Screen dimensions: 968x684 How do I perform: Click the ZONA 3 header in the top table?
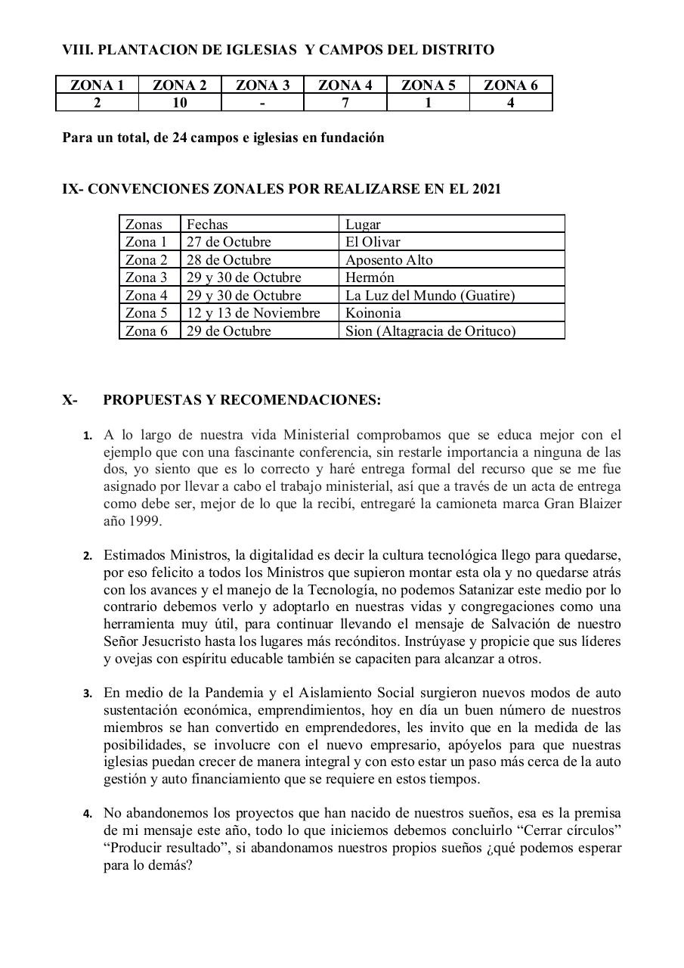(262, 85)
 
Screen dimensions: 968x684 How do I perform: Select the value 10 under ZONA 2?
(180, 103)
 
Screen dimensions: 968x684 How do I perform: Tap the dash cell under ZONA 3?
(262, 103)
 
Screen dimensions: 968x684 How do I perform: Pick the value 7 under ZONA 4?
(345, 103)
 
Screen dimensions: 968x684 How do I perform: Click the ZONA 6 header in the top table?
(511, 85)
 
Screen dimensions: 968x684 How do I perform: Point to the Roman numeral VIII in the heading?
(77, 50)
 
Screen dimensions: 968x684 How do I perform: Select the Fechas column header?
(207, 224)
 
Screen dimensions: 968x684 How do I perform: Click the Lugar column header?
(363, 224)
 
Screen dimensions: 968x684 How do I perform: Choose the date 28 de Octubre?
(228, 260)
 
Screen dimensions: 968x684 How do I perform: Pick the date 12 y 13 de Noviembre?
(253, 313)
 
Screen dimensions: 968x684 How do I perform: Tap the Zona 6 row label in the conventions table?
(146, 331)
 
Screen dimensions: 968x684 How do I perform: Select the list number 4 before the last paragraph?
(88, 814)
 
